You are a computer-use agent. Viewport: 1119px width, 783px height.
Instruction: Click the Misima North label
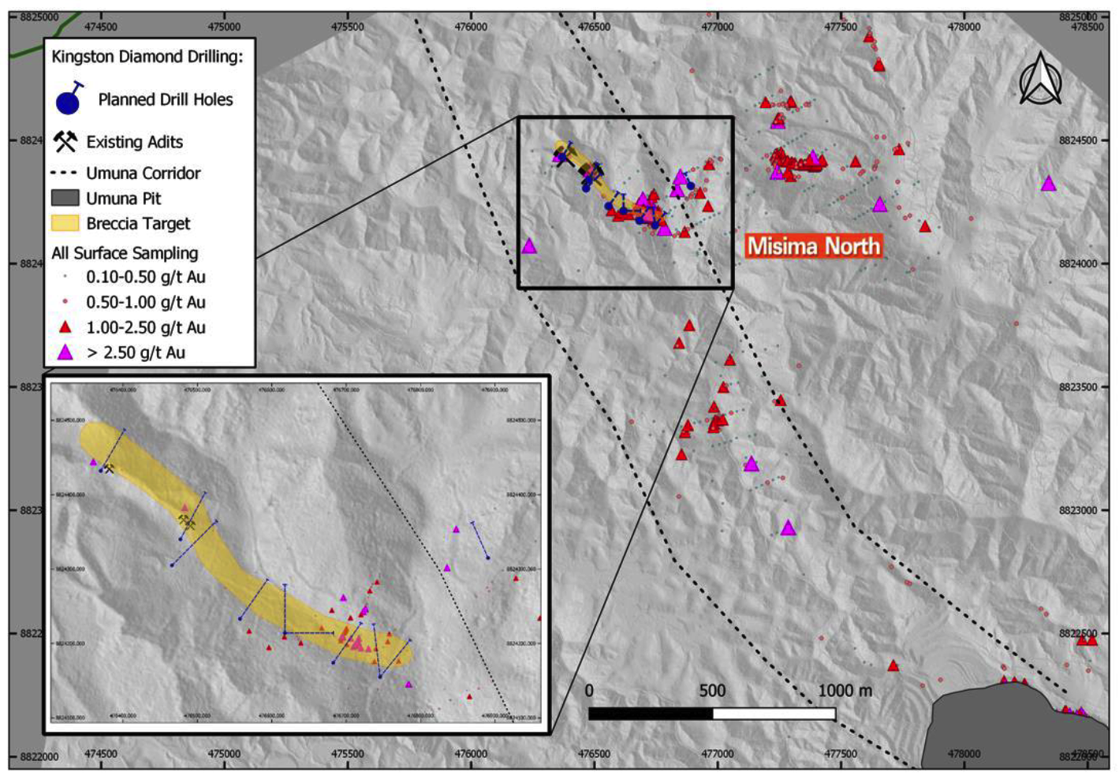point(813,246)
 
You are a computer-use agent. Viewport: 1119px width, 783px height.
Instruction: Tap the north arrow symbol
point(1040,80)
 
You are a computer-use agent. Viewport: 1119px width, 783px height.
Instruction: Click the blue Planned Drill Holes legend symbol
point(69,99)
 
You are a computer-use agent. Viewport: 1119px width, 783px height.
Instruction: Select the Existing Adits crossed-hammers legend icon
point(65,142)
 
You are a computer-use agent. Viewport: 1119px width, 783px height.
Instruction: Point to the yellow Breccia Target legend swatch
point(65,223)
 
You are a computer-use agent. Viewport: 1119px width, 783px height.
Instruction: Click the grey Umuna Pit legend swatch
point(65,198)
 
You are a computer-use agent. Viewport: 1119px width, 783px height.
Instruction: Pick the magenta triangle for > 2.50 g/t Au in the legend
point(65,352)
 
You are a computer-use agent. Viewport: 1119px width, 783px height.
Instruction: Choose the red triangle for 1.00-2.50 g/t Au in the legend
point(65,327)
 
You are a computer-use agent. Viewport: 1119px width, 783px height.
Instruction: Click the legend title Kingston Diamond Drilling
point(147,57)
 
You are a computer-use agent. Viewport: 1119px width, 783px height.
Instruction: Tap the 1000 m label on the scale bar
point(845,691)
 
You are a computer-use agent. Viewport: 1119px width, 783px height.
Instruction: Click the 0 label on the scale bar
point(589,691)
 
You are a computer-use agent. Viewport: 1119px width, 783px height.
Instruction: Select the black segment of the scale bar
point(651,714)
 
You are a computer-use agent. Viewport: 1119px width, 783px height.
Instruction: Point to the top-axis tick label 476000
point(471,27)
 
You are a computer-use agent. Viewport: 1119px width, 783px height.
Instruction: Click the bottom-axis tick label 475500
point(348,754)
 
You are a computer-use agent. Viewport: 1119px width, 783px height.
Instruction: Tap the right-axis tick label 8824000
point(1078,263)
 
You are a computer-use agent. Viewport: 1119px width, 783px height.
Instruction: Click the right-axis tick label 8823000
point(1078,510)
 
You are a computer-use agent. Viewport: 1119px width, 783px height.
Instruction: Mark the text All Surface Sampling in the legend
point(125,253)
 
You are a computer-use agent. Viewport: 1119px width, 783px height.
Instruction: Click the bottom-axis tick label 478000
point(964,754)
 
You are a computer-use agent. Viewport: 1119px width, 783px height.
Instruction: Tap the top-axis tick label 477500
point(841,27)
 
